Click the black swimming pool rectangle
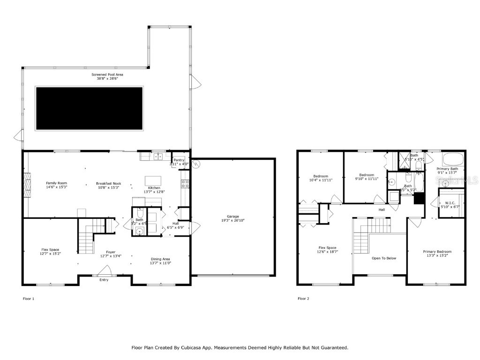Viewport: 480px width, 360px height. [x=90, y=109]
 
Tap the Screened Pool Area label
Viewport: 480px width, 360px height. [x=107, y=74]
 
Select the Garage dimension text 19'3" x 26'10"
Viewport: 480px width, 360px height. [x=233, y=220]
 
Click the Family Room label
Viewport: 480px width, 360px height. [x=56, y=183]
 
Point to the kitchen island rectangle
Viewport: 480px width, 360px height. [x=153, y=181]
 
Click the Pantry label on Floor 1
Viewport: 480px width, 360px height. [x=179, y=160]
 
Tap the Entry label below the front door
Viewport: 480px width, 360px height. [x=104, y=280]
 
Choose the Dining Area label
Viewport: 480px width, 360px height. [x=160, y=259]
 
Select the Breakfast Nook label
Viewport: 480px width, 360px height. [x=108, y=183]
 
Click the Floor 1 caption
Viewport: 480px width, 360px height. [x=29, y=298]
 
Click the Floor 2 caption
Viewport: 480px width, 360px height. [x=303, y=298]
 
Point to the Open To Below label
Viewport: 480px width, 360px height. [x=384, y=258]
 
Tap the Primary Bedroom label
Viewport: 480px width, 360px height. [x=437, y=252]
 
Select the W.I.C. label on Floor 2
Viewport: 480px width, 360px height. [x=450, y=202]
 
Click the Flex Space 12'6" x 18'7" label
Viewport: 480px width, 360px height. [x=328, y=247]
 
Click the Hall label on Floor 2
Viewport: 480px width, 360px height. [x=382, y=210]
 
